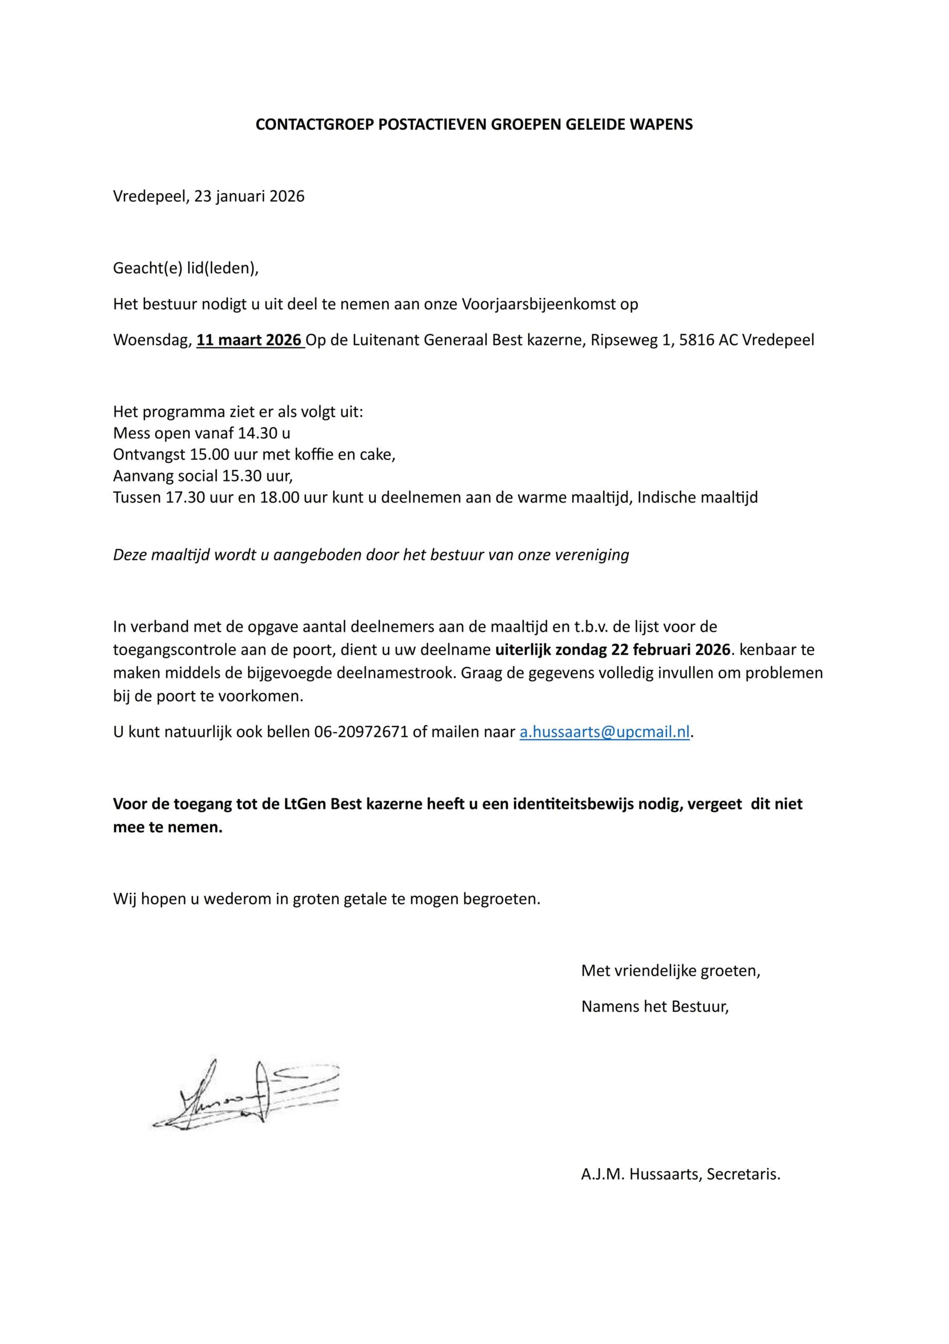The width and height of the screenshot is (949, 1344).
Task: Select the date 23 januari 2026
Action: (249, 196)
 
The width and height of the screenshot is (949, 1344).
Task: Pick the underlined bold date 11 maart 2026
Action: (249, 340)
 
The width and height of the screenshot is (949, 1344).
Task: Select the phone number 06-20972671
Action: (360, 732)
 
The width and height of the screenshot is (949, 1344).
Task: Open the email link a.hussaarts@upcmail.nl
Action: (604, 732)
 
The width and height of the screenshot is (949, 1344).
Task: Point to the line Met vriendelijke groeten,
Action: (670, 971)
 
